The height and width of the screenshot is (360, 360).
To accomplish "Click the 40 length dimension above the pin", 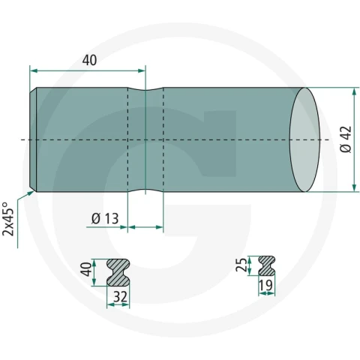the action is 89,60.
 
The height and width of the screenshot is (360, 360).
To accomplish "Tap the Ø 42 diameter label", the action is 346,139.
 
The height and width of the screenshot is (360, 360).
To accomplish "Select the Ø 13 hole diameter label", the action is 105,218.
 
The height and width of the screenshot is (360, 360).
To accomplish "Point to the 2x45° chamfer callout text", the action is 8,219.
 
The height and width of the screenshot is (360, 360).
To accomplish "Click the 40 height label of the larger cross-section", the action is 87,269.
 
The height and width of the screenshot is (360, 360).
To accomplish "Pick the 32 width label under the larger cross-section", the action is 121,296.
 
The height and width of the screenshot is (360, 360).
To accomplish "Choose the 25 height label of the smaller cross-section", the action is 241,265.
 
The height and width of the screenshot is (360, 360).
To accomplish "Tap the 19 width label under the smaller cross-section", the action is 265,285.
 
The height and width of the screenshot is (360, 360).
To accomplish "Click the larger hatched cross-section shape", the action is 118,272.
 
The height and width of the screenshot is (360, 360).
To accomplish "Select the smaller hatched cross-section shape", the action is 267,265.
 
